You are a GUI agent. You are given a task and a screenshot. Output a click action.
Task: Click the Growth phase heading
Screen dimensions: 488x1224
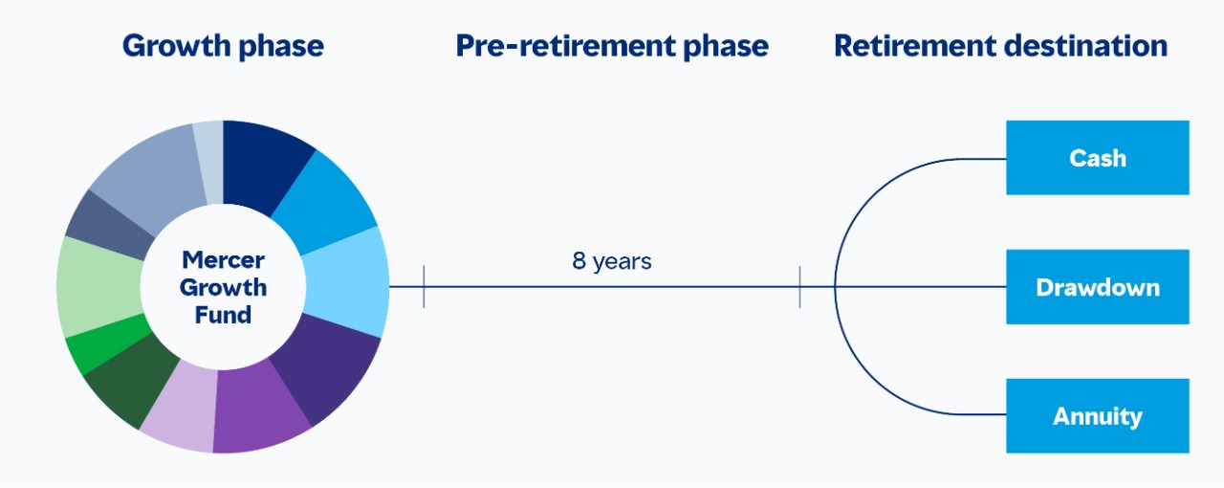pyautogui.click(x=223, y=46)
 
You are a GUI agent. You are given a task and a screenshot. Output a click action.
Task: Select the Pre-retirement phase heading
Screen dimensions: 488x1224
pyautogui.click(x=612, y=46)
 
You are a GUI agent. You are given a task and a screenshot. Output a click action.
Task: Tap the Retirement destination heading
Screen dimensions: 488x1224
pyautogui.click(x=1000, y=46)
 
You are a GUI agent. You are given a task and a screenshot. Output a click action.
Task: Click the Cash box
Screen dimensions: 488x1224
pyautogui.click(x=1097, y=158)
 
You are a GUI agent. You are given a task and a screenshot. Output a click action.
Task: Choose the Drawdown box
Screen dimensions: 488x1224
pyautogui.click(x=1097, y=287)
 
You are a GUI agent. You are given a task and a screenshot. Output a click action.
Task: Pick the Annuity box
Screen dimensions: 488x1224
pyautogui.click(x=1097, y=416)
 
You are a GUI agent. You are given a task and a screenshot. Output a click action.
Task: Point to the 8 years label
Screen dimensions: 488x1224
pyautogui.click(x=612, y=261)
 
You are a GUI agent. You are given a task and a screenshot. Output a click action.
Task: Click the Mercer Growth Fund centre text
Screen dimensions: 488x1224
pyautogui.click(x=223, y=286)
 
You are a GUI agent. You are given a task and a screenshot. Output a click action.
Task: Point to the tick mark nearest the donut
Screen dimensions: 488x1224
pyautogui.click(x=424, y=286)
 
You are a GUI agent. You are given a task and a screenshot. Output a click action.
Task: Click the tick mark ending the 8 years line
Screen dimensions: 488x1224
pyautogui.click(x=799, y=286)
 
